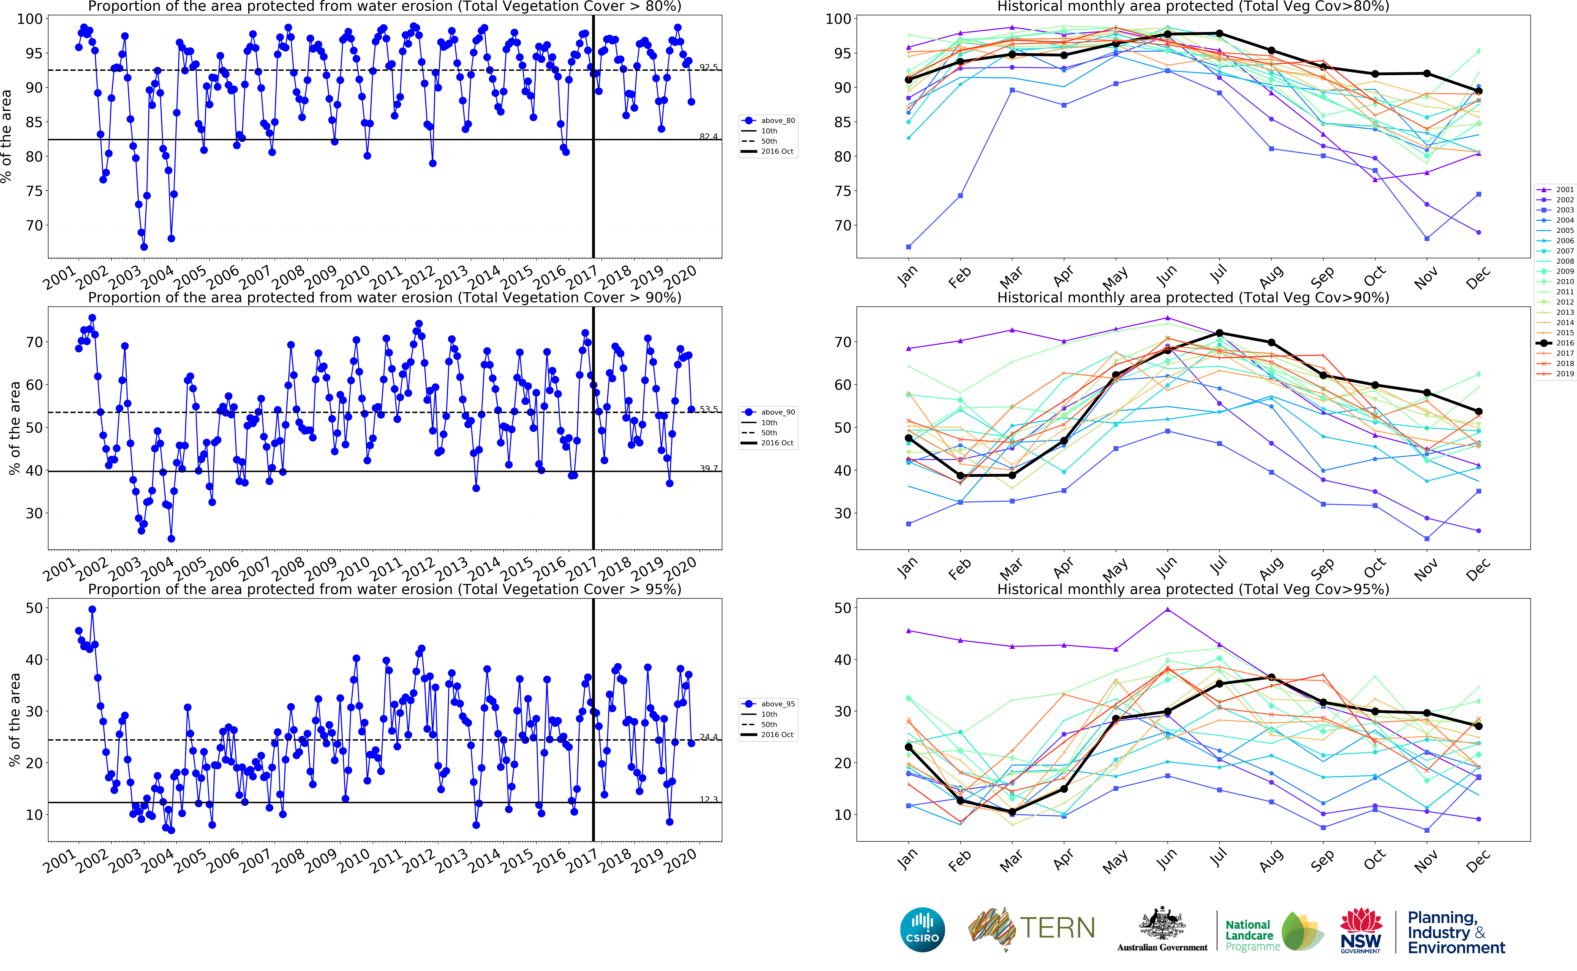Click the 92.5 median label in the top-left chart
[x=708, y=67]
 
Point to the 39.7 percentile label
[x=708, y=468]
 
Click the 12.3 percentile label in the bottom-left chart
[x=708, y=799]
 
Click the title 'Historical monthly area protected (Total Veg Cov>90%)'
[x=1193, y=297]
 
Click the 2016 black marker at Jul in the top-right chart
[x=1219, y=33]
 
